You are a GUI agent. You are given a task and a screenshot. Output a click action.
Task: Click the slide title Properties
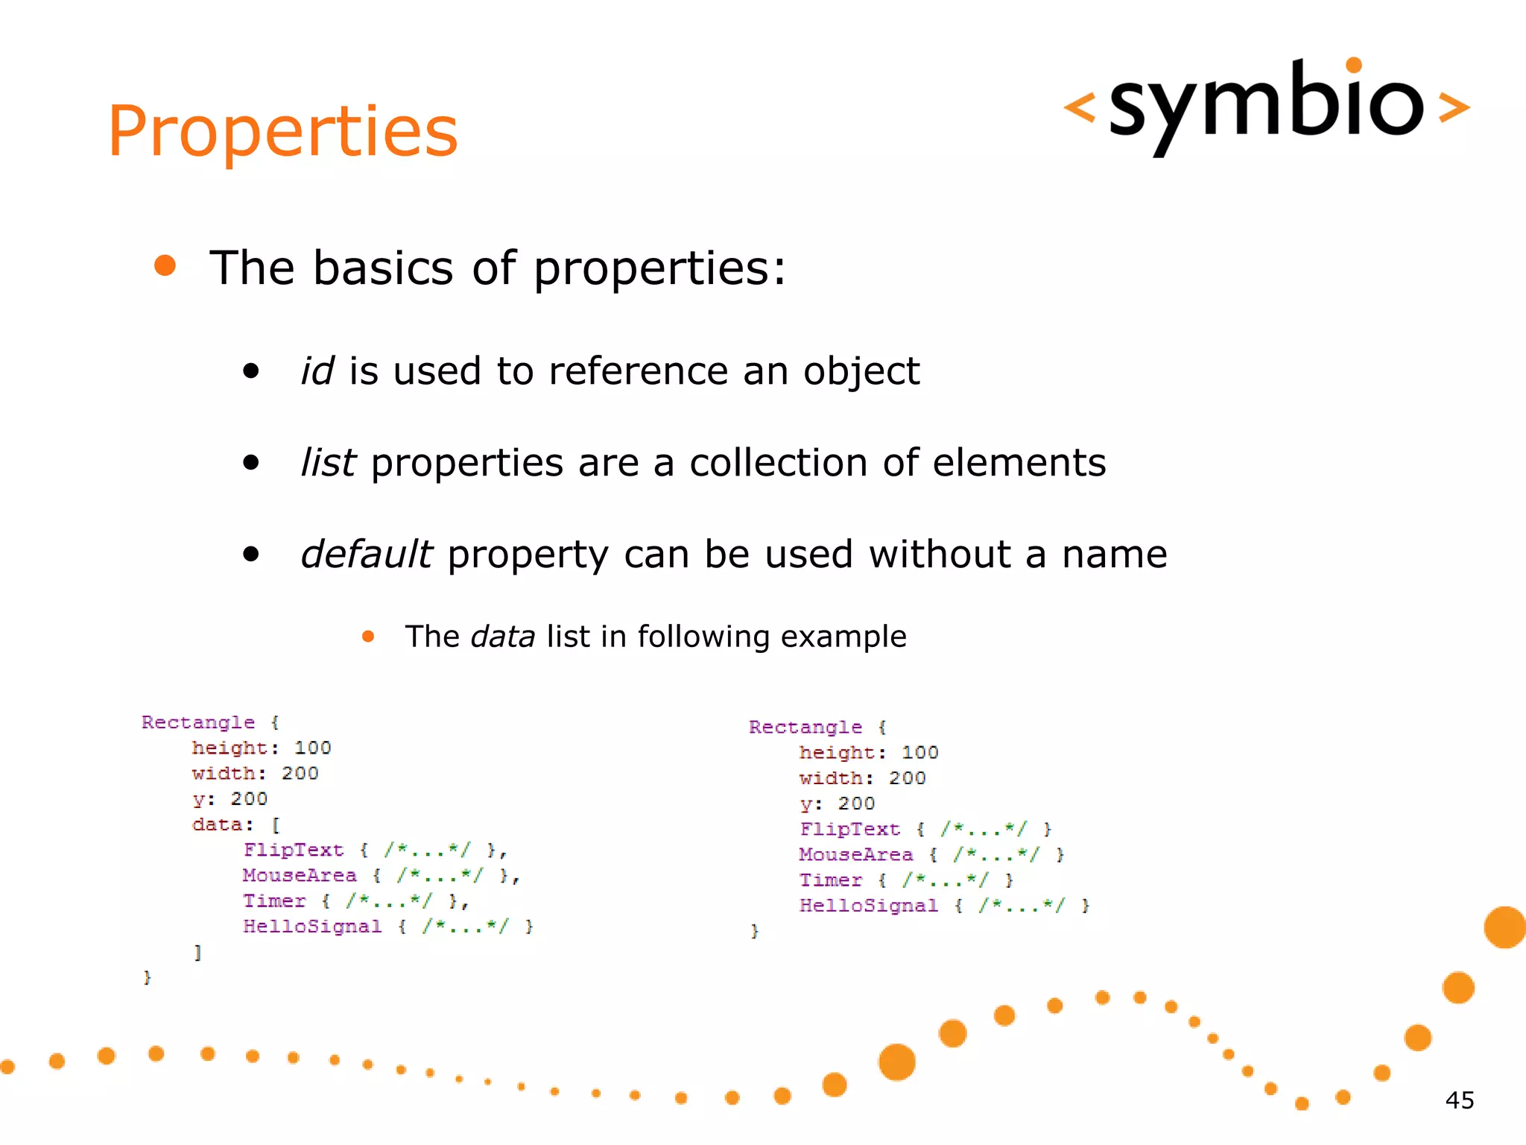coord(282,132)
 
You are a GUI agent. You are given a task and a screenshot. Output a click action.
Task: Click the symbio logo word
coord(1266,104)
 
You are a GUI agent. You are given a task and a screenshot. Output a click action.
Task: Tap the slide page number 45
coord(1459,1100)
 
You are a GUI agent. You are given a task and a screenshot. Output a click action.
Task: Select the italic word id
coord(317,371)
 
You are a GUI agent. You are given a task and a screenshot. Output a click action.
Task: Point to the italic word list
coord(328,463)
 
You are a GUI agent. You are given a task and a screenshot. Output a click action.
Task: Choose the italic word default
coord(366,555)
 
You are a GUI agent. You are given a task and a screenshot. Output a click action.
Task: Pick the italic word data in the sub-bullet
coord(503,637)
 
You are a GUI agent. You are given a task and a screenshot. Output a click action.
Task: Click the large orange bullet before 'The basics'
coord(165,266)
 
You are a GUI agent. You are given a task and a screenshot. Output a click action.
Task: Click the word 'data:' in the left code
coord(222,824)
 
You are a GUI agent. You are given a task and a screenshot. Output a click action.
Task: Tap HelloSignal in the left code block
coord(312,927)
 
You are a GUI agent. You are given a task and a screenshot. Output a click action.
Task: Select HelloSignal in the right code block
coord(868,906)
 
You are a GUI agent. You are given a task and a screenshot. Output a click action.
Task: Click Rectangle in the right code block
coord(805,727)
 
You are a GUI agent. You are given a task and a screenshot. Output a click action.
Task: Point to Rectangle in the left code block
coord(198,722)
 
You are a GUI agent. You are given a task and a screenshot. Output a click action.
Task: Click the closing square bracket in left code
coord(197,952)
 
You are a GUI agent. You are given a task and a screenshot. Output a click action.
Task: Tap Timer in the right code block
coord(830,880)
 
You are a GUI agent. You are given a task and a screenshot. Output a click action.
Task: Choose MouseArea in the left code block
coord(300,875)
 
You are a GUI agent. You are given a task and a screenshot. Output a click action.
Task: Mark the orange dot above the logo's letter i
coord(1354,66)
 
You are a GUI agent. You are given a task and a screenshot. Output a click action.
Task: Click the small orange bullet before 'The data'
coord(368,637)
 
